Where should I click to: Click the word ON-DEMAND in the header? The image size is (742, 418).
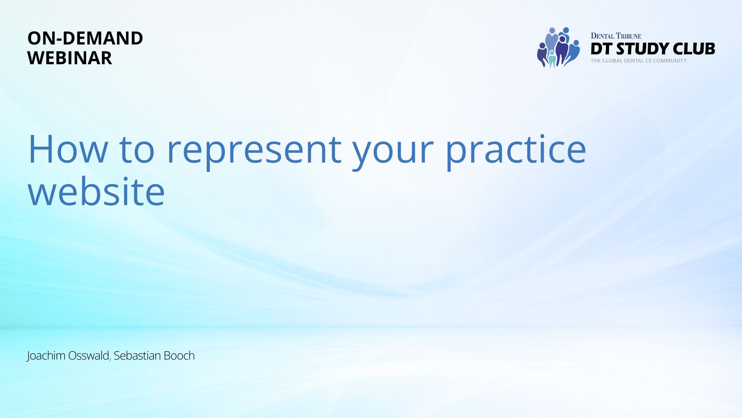[x=85, y=38]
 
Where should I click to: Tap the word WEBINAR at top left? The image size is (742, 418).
[x=70, y=58]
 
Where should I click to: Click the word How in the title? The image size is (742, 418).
[x=68, y=149]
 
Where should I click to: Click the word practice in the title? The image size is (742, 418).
[x=516, y=151]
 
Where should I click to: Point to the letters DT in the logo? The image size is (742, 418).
[x=601, y=49]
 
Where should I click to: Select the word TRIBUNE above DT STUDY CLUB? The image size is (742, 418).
[x=628, y=36]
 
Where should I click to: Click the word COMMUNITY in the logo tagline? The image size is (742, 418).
[x=670, y=61]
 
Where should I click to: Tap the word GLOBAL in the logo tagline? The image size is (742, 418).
[x=612, y=61]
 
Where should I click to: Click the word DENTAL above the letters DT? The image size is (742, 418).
[x=602, y=36]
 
